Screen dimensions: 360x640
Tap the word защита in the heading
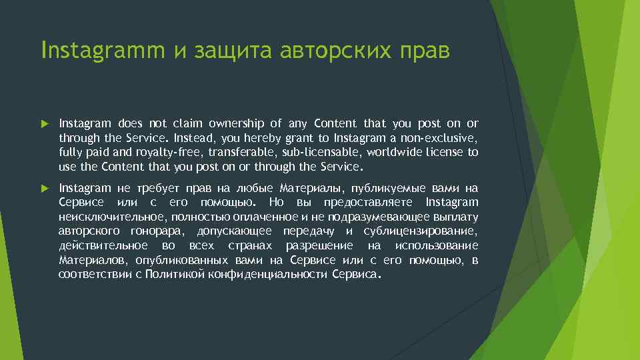[231, 51]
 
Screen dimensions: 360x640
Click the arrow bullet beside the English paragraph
[45, 124]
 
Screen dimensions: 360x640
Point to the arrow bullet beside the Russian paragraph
[45, 189]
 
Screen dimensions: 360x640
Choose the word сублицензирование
[421, 231]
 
